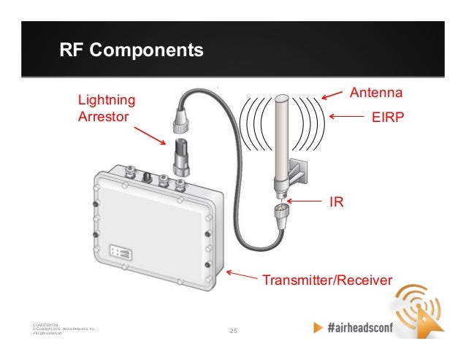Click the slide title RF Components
tap(131, 51)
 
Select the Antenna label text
tap(377, 93)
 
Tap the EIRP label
tap(387, 116)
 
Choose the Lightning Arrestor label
tap(107, 107)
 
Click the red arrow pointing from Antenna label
tap(332, 94)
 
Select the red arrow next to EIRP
tap(347, 115)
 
